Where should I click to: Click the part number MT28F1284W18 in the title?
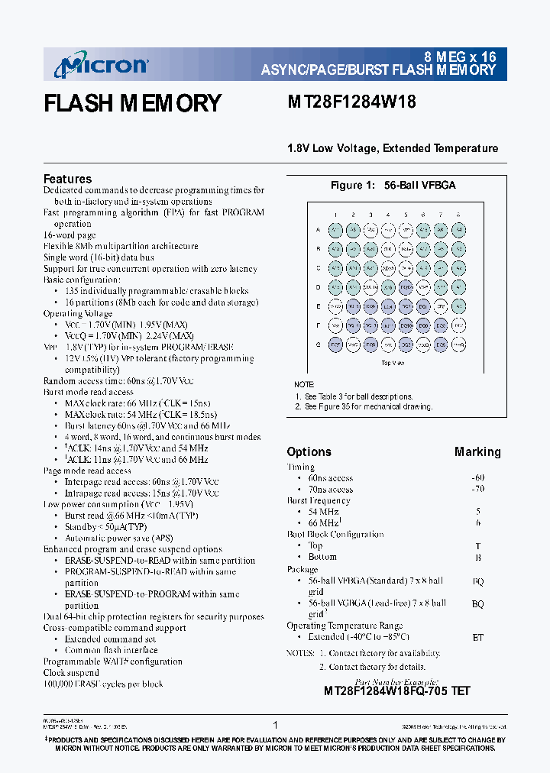[351, 102]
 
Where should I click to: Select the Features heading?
[67, 179]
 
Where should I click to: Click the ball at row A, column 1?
[335, 230]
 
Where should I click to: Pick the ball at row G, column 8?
[458, 344]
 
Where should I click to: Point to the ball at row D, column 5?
[406, 287]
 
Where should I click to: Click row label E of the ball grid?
[319, 306]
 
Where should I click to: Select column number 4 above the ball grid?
[388, 215]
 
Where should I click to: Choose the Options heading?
[309, 451]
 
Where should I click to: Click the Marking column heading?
[477, 451]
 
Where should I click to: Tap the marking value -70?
[477, 490]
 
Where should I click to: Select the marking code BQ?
[477, 603]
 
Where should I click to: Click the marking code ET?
[477, 637]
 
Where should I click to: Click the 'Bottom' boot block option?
[322, 557]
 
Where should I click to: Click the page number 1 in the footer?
[275, 725]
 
